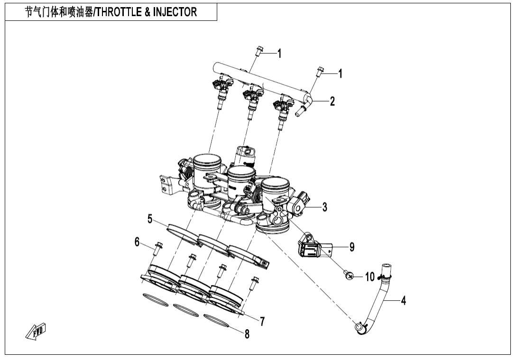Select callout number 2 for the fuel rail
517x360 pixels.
click(332, 101)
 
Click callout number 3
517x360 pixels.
click(324, 207)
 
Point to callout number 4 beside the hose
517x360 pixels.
click(403, 300)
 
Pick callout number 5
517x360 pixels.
click(149, 219)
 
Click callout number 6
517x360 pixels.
click(138, 242)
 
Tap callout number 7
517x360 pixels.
click(262, 321)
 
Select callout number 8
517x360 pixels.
click(247, 334)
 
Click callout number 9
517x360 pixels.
click(351, 247)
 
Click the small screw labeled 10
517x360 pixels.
click(348, 275)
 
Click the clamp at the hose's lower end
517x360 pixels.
click(360, 328)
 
